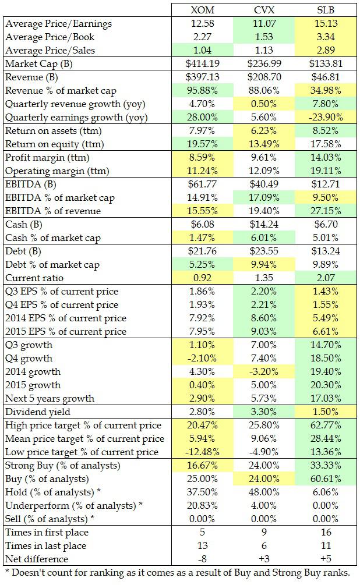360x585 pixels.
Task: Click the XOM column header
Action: (202, 10)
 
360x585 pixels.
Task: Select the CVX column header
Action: (264, 10)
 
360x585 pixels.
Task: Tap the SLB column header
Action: (326, 10)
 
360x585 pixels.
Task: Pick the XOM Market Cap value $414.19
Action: (202, 63)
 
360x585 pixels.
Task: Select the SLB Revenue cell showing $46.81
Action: (326, 77)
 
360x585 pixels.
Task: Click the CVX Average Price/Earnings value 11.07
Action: (264, 24)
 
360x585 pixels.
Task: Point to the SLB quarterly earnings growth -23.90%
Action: (326, 117)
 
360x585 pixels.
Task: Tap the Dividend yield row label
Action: (35, 412)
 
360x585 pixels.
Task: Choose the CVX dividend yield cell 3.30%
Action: (264, 412)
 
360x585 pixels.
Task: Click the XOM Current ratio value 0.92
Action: (202, 278)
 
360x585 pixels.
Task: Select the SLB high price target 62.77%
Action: (326, 426)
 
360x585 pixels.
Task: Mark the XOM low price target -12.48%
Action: (202, 452)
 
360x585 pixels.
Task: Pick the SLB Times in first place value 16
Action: (326, 533)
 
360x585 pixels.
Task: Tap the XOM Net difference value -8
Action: (202, 559)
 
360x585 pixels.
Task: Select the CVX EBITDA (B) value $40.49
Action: (264, 185)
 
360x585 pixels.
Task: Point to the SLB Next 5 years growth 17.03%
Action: (326, 398)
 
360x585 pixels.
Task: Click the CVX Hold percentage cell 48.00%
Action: (264, 492)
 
